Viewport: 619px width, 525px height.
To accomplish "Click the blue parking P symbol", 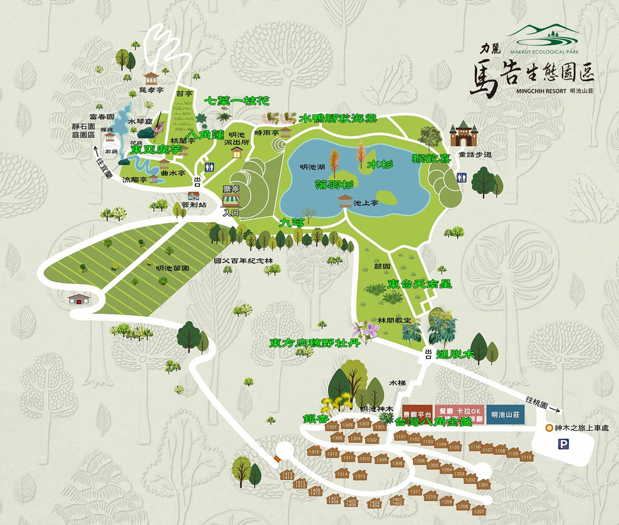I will coord(565,443).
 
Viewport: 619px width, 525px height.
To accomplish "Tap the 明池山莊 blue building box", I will coord(506,414).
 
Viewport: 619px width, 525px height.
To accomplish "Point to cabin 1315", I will coord(314,451).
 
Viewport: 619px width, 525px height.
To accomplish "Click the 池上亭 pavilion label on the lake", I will coord(366,204).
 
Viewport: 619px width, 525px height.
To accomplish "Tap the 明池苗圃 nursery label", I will coord(173,268).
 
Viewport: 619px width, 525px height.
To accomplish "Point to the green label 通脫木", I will coord(455,354).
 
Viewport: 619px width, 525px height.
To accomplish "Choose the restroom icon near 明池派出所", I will coord(209,167).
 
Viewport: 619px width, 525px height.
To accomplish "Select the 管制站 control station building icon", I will coord(194,196).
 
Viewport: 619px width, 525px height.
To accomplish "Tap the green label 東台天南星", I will coord(420,284).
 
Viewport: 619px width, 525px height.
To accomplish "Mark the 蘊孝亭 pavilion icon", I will coord(151,79).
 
